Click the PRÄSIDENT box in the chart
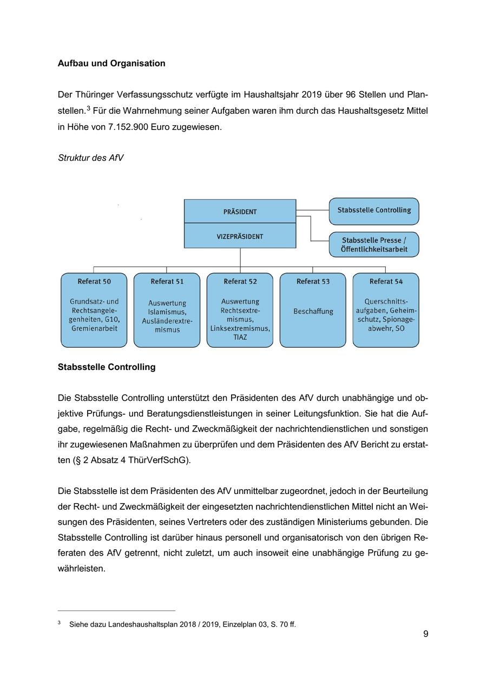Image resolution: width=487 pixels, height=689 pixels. click(x=240, y=211)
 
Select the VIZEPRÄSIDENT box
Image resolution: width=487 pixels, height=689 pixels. click(x=240, y=236)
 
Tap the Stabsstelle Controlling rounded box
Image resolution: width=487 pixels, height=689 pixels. click(x=374, y=211)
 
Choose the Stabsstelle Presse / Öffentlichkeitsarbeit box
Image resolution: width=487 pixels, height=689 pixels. click(x=374, y=244)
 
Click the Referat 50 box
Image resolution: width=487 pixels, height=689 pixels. click(x=94, y=310)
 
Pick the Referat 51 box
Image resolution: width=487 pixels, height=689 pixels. click(x=167, y=310)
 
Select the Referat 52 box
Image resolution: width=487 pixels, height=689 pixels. click(x=240, y=310)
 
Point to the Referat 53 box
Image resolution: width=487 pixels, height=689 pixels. click(x=313, y=310)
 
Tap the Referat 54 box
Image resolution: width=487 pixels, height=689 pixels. click(x=385, y=310)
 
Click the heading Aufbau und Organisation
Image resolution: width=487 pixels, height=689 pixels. click(x=111, y=63)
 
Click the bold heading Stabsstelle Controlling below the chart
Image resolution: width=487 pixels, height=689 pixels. click(x=107, y=367)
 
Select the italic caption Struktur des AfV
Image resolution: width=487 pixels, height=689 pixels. click(x=90, y=158)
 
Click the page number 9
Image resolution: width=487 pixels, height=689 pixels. click(x=426, y=634)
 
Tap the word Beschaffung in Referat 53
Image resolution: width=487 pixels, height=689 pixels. click(x=313, y=311)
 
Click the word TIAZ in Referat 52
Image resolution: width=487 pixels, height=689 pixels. click(x=240, y=337)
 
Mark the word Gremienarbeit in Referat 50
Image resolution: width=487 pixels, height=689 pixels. click(x=94, y=328)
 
